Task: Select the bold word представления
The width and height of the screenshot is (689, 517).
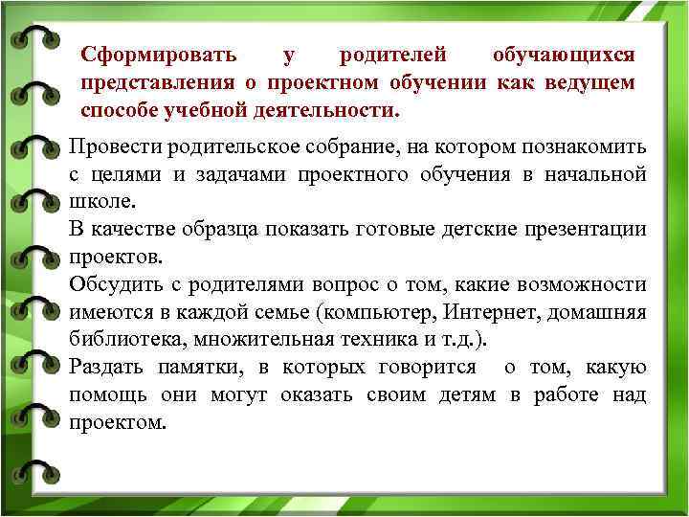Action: click(147, 83)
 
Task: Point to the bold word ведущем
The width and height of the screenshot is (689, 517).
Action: click(589, 83)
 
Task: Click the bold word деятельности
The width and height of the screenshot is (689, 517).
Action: click(332, 110)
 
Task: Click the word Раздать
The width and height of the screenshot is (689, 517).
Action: click(106, 368)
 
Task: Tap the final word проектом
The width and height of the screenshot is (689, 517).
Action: click(117, 423)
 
